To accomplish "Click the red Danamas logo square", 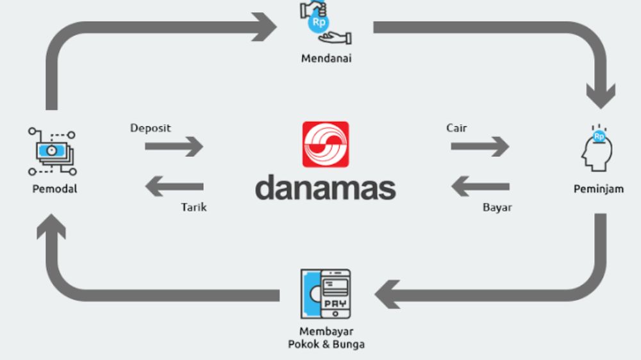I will click(x=326, y=145).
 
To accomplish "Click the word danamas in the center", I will click(x=326, y=188).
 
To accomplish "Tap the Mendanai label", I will click(x=326, y=59).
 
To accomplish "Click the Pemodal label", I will click(x=54, y=189).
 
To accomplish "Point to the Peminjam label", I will click(x=598, y=189).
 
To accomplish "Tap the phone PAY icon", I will click(x=326, y=294).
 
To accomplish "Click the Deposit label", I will click(x=151, y=128).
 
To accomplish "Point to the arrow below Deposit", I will click(x=174, y=147).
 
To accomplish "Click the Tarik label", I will click(x=194, y=208).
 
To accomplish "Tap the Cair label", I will click(x=456, y=128).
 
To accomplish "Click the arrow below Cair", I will click(x=479, y=147).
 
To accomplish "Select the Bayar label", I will click(x=497, y=208).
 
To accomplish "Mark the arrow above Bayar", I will click(x=480, y=187).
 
